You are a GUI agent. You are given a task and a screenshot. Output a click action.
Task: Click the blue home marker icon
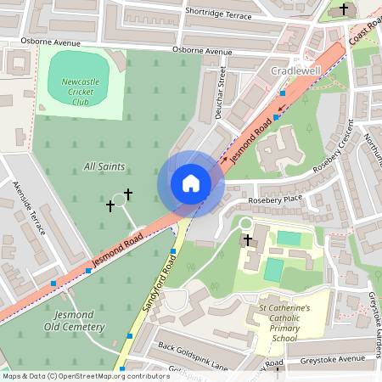pyautogui.click(x=191, y=183)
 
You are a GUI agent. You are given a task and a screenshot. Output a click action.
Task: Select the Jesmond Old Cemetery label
pyautogui.click(x=73, y=320)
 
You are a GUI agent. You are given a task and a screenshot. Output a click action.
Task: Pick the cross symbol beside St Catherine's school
pyautogui.click(x=248, y=240)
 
